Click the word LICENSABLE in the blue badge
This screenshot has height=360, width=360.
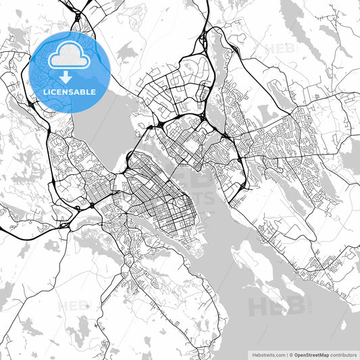pyautogui.click(x=70, y=90)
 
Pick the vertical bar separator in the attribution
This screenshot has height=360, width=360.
pyautogui.click(x=286, y=355)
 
